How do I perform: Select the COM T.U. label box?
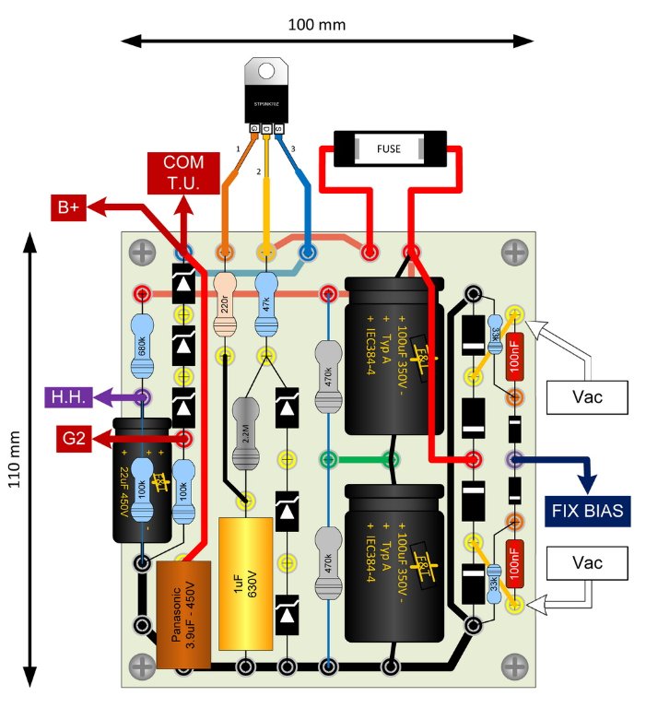[x=184, y=173]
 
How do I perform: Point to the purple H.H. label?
[x=67, y=397]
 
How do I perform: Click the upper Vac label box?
[x=587, y=398]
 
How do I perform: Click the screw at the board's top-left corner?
[x=142, y=250]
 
